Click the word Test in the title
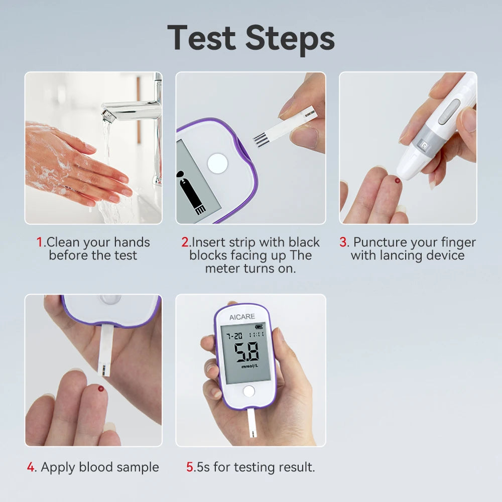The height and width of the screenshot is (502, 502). coord(202,38)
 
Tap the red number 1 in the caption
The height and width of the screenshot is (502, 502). coord(40,242)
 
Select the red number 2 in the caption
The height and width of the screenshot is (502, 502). coord(185,242)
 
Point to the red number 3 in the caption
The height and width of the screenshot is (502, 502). coord(343,242)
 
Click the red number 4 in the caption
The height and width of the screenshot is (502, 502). coord(31,467)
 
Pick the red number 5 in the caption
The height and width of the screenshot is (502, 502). coord(190,467)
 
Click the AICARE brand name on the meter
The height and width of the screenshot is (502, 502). coord(242,317)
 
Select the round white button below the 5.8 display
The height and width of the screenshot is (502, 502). coord(248,392)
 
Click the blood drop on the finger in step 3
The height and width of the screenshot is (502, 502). coord(398,180)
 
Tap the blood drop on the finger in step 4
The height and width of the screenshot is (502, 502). coord(102,389)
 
